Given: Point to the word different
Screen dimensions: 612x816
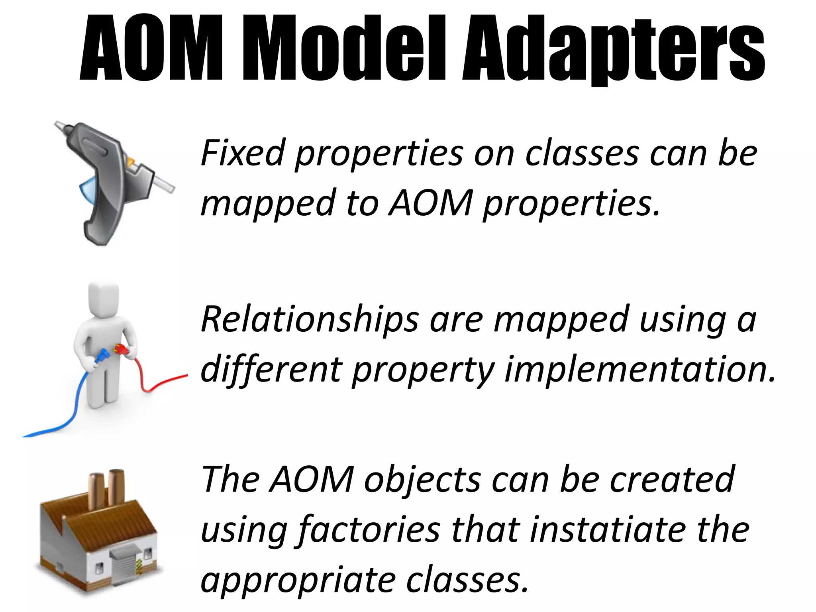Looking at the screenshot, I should (x=271, y=368).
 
